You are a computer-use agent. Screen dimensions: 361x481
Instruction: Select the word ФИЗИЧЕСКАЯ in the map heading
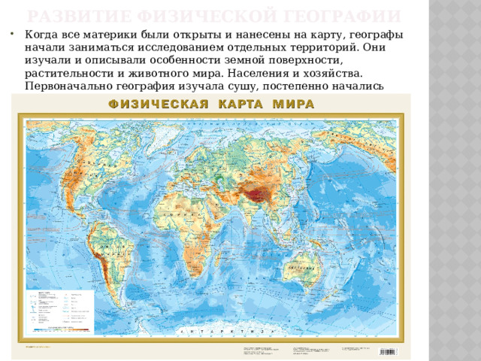coord(159,104)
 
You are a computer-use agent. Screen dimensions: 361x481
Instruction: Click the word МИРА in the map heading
coord(289,104)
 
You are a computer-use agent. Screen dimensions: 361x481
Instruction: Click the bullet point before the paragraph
coord(16,35)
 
